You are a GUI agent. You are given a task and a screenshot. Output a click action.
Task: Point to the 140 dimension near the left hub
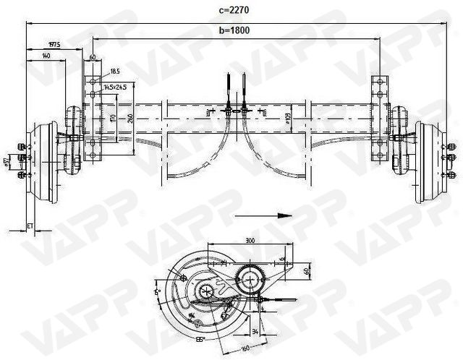(46, 56)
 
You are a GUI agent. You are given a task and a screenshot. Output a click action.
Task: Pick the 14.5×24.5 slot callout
(115, 87)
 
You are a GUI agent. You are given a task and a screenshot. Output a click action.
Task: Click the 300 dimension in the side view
(250, 239)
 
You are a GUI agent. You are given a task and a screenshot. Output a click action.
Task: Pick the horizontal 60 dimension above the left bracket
(93, 56)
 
